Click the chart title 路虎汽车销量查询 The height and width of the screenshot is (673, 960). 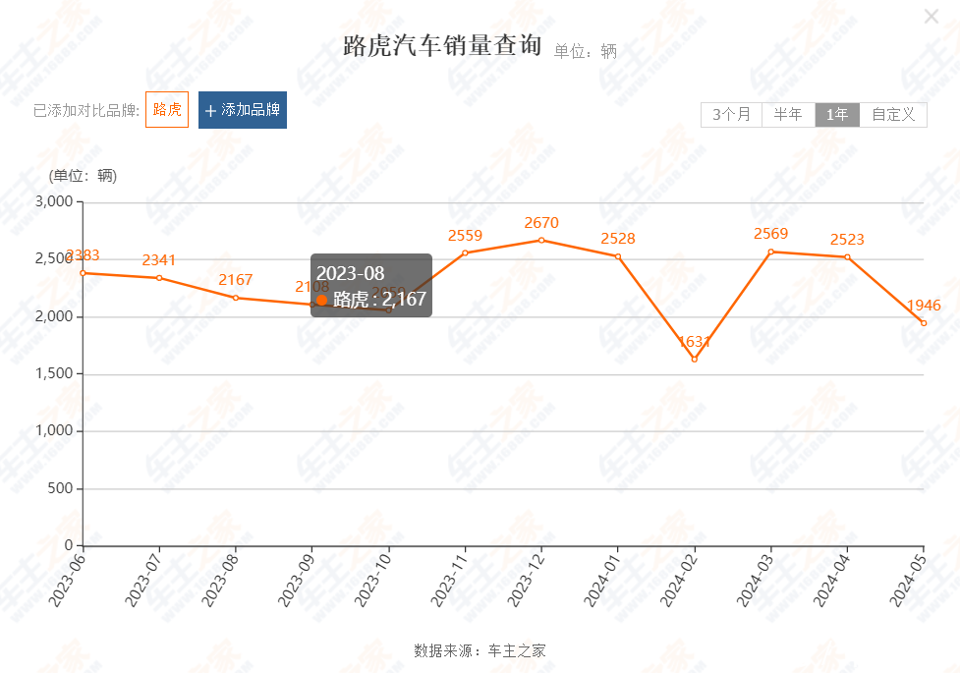(442, 46)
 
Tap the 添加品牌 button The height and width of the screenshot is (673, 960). (243, 110)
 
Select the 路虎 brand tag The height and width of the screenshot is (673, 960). (167, 110)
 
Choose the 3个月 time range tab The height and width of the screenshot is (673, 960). (731, 115)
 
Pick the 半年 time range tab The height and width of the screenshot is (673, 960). (788, 115)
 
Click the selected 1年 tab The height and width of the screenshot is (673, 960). (837, 115)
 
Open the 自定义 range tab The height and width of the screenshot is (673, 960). (893, 115)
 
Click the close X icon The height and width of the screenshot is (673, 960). (932, 16)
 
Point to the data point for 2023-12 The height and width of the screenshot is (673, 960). (541, 240)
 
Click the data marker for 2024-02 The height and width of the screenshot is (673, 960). (695, 359)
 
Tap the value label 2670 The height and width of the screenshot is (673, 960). (541, 223)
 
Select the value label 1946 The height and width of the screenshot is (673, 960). (925, 306)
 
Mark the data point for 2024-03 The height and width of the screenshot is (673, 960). (771, 252)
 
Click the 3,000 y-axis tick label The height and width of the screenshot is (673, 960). (54, 201)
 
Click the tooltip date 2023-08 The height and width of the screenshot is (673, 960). (350, 273)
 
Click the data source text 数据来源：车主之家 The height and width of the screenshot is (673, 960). (480, 650)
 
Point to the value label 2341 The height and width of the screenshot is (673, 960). (159, 260)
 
